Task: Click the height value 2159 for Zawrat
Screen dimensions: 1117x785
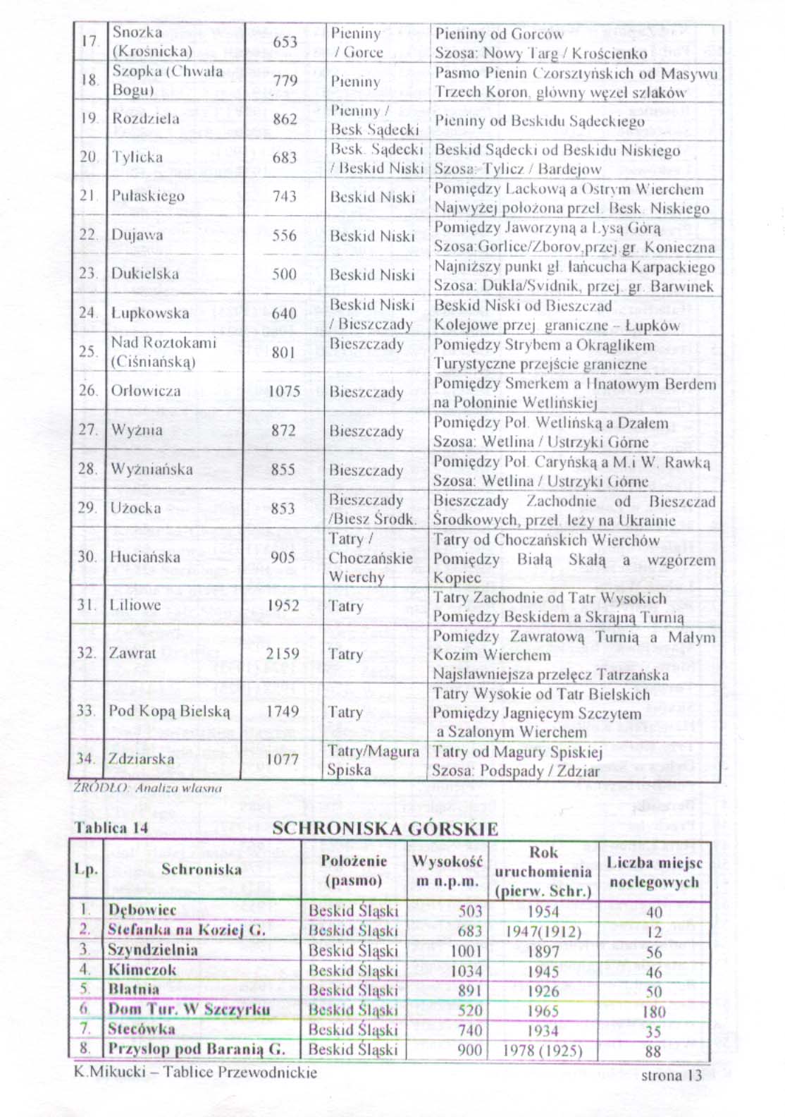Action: coord(283,654)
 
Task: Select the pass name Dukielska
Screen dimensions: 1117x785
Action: coord(145,274)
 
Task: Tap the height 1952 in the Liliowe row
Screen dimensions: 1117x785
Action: coord(283,606)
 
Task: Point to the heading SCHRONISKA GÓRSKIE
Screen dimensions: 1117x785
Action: coord(385,829)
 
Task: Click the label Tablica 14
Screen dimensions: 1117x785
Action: coord(111,827)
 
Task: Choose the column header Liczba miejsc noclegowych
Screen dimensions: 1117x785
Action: coord(654,872)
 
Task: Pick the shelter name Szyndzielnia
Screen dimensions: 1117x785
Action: coord(152,950)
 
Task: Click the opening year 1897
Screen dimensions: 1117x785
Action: coord(543,951)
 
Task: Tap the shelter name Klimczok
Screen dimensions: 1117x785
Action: coord(142,970)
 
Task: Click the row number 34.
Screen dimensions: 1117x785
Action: coord(86,759)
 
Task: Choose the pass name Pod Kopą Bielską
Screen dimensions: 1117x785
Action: coord(169,711)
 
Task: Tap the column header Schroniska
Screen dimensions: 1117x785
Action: coord(202,869)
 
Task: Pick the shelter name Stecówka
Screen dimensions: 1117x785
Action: coord(141,1029)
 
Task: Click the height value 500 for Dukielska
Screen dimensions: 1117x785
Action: coord(284,274)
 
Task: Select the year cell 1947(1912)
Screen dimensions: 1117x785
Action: coord(543,932)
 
